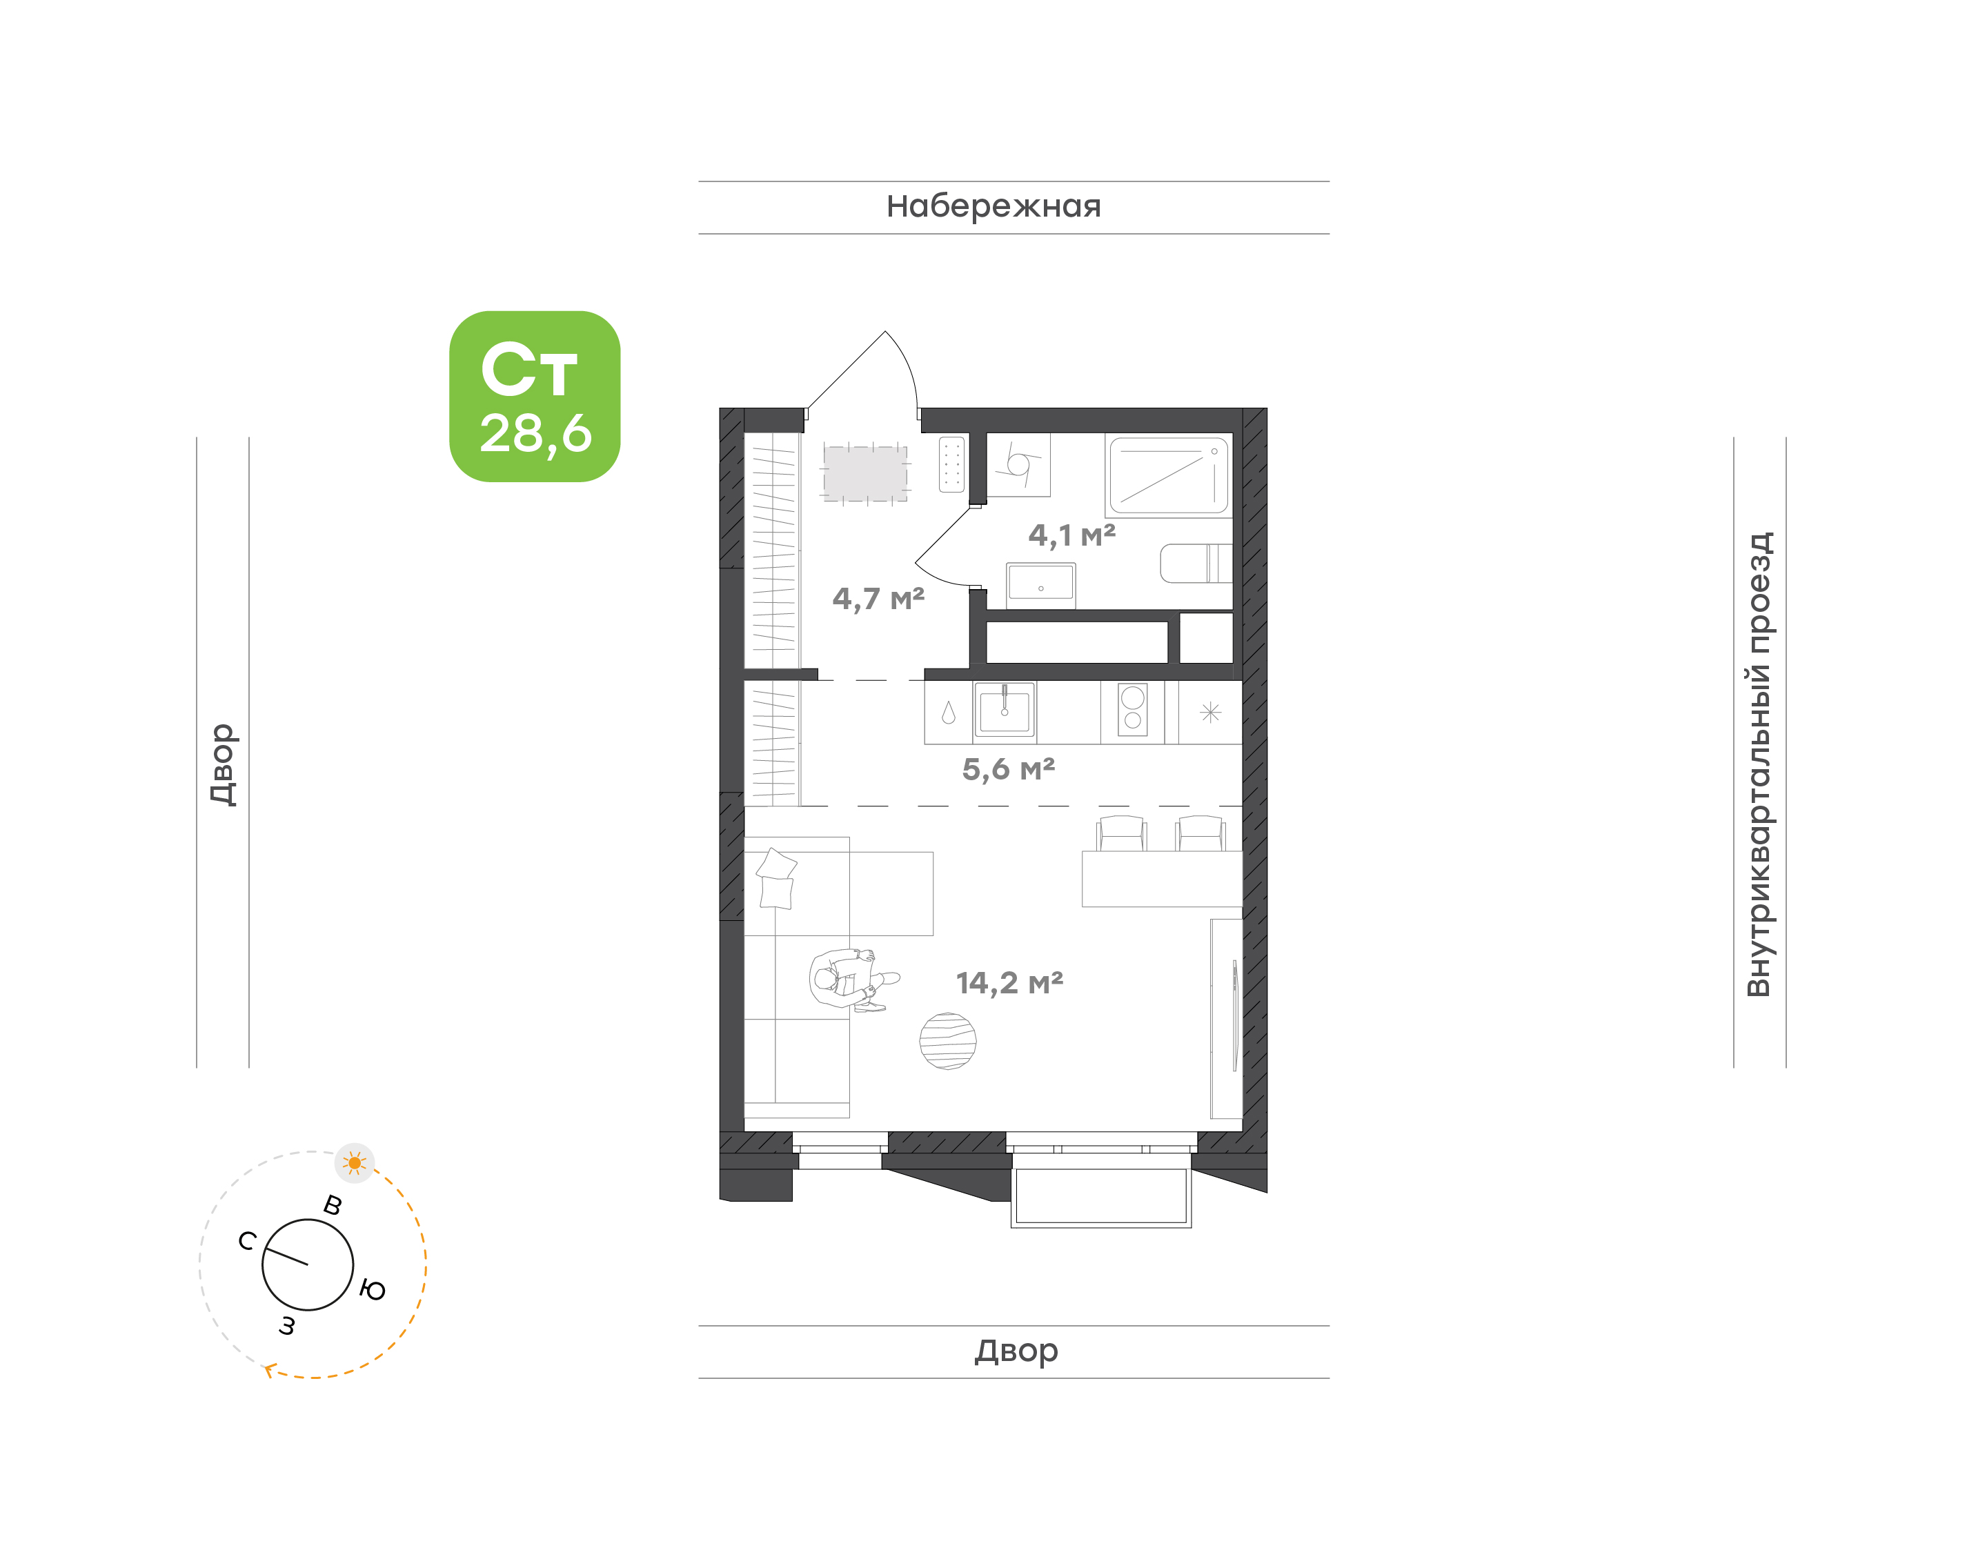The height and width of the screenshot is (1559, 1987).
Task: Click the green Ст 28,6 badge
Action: (x=535, y=396)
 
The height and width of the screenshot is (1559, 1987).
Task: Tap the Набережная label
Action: (x=994, y=207)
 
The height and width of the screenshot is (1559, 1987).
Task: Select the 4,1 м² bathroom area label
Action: (x=1071, y=535)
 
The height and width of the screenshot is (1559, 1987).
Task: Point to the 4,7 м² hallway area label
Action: (x=878, y=599)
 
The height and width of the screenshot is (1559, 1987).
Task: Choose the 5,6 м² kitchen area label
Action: (x=1009, y=769)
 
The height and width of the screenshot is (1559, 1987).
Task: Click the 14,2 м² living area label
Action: (x=1009, y=983)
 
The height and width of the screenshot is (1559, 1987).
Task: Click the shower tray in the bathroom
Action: (x=1168, y=475)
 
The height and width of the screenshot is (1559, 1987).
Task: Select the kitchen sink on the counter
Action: (x=1004, y=709)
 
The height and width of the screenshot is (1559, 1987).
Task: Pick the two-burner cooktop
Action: (x=1133, y=709)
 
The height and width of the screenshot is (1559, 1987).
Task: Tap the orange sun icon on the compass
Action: (x=355, y=1163)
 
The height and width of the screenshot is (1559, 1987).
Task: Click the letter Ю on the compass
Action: (x=373, y=1290)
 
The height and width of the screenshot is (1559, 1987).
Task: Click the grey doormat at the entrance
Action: (x=865, y=473)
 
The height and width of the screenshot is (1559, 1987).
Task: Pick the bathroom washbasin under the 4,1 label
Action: (x=1040, y=584)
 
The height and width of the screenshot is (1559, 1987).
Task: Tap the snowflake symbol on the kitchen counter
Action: (x=1210, y=712)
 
